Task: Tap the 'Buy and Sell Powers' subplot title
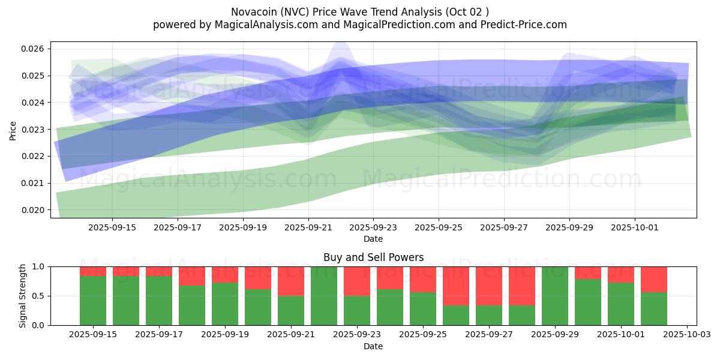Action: coord(373,257)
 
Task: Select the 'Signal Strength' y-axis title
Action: coord(23,296)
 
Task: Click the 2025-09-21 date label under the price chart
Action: coord(308,228)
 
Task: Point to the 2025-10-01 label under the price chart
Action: coord(635,228)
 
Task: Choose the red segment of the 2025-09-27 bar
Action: coord(489,286)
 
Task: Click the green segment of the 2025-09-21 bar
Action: coord(291,310)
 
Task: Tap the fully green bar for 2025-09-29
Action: coord(555,296)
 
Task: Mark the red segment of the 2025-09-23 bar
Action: coord(357,281)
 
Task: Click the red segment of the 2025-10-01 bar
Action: coord(621,274)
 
